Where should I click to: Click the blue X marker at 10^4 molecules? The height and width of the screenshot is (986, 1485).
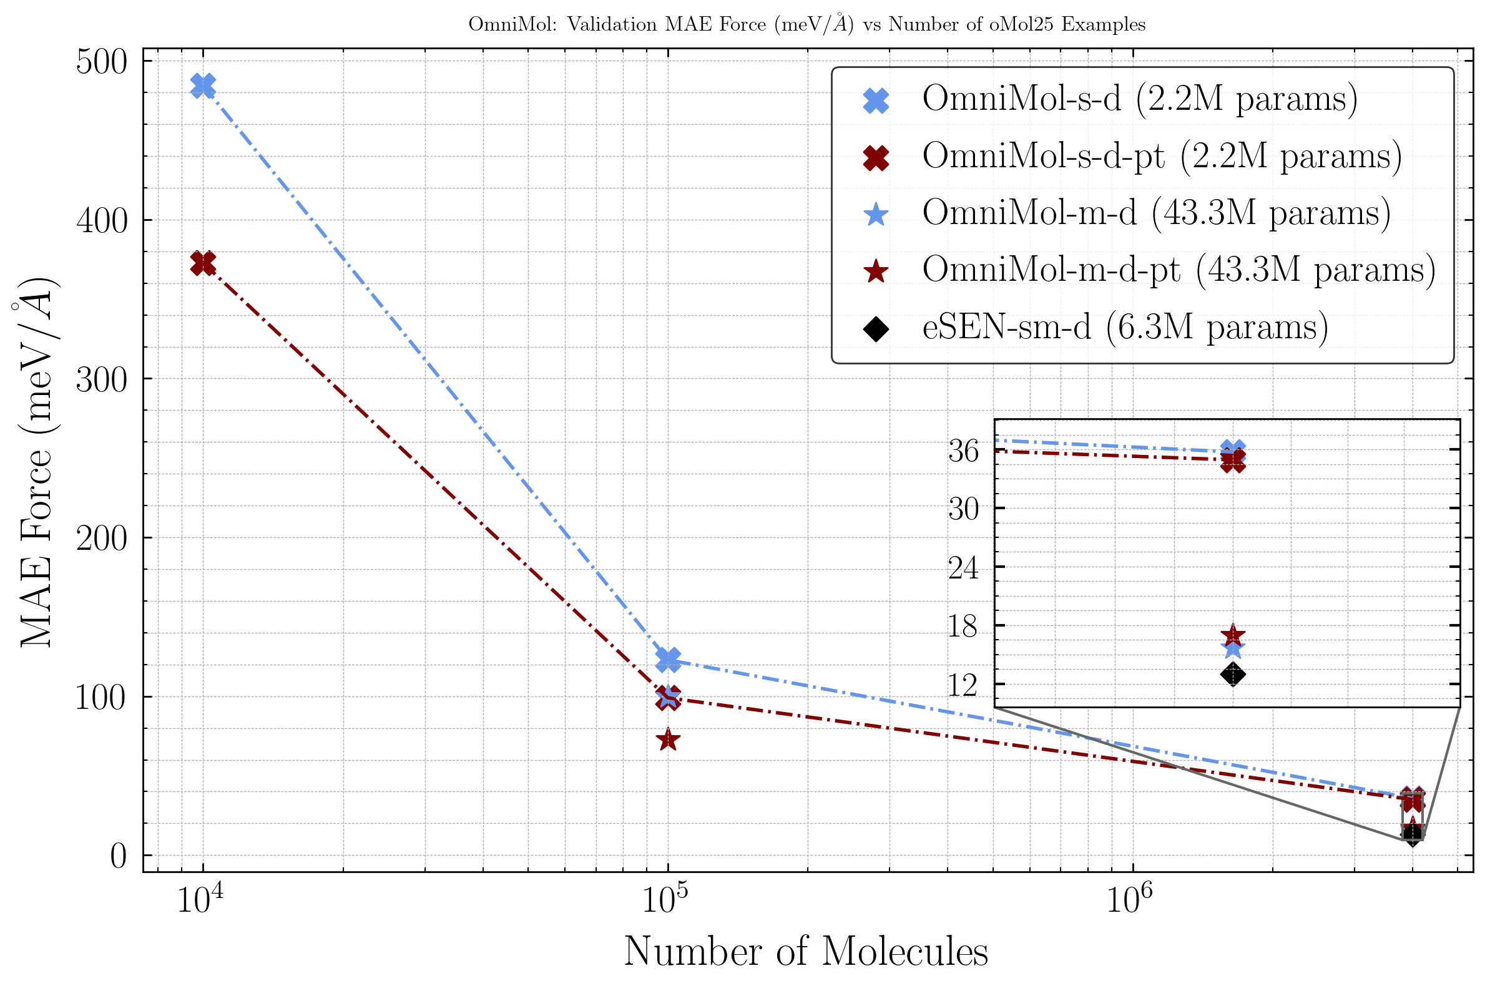(x=203, y=85)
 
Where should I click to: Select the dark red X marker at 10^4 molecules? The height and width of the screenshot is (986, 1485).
(x=203, y=262)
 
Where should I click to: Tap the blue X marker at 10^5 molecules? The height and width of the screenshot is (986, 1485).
(x=668, y=658)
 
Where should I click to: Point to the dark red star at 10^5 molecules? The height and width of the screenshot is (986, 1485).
(x=668, y=740)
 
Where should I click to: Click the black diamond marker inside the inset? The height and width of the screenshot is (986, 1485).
(x=1232, y=675)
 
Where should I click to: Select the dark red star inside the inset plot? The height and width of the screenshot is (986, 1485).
(x=1232, y=635)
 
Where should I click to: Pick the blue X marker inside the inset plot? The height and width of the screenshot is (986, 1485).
(x=1232, y=449)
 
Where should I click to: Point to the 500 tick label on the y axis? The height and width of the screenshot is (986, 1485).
(x=101, y=62)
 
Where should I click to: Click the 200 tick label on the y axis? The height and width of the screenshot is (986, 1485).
(x=101, y=539)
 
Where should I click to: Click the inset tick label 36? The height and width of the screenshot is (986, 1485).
(x=963, y=451)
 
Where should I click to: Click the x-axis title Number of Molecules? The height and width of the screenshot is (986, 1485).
(x=806, y=952)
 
